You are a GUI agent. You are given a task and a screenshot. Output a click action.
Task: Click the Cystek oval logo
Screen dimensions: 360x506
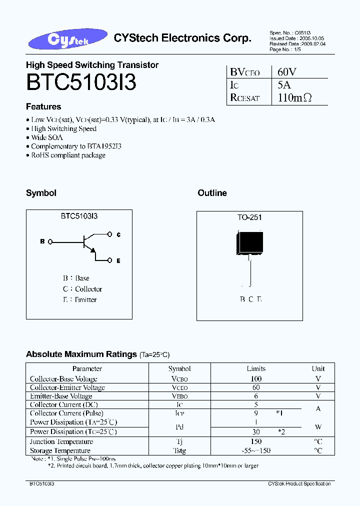(x=70, y=40)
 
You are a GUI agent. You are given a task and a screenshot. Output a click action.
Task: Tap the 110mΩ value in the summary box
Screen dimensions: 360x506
(x=294, y=98)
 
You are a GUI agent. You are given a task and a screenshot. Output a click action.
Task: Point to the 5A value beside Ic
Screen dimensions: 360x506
(x=283, y=85)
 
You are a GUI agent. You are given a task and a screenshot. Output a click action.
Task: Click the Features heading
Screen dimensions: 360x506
(x=43, y=106)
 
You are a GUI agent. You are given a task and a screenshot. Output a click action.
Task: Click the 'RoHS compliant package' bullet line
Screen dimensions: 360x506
(x=68, y=155)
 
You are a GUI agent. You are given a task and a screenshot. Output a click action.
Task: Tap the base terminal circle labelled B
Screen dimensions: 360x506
(x=50, y=241)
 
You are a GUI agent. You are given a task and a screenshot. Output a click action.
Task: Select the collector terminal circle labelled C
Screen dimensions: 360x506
(x=110, y=233)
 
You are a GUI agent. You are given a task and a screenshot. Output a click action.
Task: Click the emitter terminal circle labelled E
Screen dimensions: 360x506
(x=110, y=260)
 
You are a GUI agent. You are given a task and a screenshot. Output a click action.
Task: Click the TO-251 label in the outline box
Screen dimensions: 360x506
(x=249, y=217)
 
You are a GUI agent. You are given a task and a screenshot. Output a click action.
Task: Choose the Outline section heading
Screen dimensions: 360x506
(x=212, y=193)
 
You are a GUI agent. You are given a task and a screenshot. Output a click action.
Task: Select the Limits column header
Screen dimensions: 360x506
(x=256, y=368)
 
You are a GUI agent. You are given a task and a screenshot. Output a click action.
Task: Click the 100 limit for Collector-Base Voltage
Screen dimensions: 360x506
(x=256, y=379)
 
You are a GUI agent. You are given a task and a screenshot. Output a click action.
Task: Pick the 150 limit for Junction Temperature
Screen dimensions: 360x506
(x=256, y=442)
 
